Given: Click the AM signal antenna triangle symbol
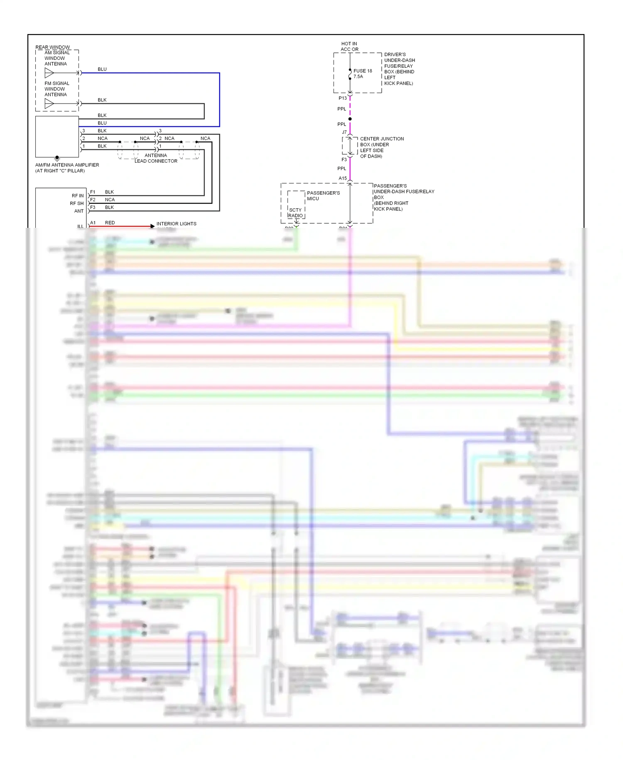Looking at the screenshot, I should [x=49, y=73].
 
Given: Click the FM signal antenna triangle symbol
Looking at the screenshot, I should [x=49, y=104].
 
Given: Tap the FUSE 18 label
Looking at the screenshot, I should [x=363, y=71].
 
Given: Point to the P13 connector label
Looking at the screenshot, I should [x=342, y=98].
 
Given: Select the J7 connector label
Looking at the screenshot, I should [x=344, y=132].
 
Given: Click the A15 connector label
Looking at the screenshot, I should [x=342, y=178].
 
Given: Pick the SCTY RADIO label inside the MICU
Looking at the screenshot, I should [x=295, y=213].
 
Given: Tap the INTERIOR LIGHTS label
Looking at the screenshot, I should [x=176, y=224].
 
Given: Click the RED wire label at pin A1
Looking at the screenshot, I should [x=110, y=223].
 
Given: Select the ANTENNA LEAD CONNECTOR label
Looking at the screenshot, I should [x=156, y=158].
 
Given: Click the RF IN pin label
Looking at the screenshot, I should [x=78, y=196].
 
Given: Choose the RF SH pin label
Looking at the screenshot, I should [x=77, y=203].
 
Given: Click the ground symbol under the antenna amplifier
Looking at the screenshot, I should [x=57, y=158].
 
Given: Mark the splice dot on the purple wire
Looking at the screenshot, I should [x=350, y=119].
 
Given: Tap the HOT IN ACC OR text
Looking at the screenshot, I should [x=349, y=46].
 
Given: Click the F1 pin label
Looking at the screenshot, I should [x=93, y=192].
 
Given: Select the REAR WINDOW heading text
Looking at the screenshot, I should [x=53, y=47].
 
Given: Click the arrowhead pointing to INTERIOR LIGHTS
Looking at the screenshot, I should [x=152, y=226].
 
